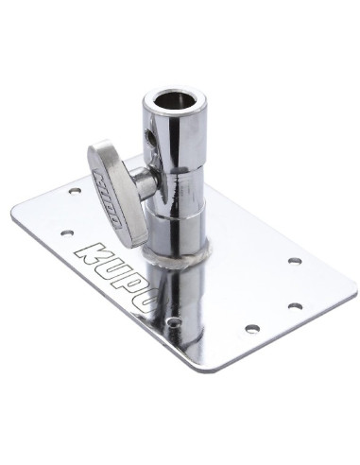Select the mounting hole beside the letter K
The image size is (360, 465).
pyautogui.click(x=66, y=230)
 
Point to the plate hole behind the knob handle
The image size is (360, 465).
pyautogui.click(x=76, y=191)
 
